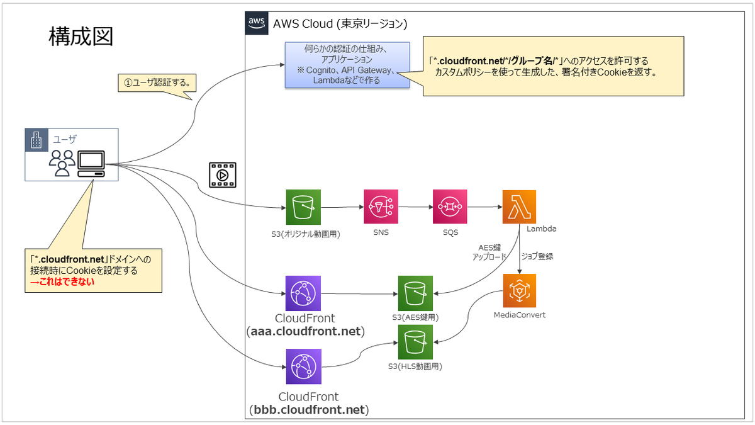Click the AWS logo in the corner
(x=257, y=23)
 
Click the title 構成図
(x=81, y=37)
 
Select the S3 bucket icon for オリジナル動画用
(x=303, y=207)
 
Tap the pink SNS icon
(x=381, y=207)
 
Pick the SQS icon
(x=450, y=207)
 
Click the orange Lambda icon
(x=519, y=207)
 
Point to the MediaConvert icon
(x=520, y=291)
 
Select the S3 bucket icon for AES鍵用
(x=415, y=293)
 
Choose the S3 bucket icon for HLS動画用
(x=415, y=342)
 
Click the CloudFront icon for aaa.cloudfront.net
(x=303, y=293)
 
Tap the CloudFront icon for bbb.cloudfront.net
(x=304, y=366)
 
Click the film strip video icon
(x=223, y=175)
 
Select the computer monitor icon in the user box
(x=91, y=164)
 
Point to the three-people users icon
(x=62, y=163)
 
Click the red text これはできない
(x=62, y=282)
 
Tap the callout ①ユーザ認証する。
(x=157, y=82)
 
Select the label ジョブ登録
(x=537, y=256)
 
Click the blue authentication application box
(x=347, y=65)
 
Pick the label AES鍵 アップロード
(x=489, y=252)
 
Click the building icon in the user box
(x=36, y=140)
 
